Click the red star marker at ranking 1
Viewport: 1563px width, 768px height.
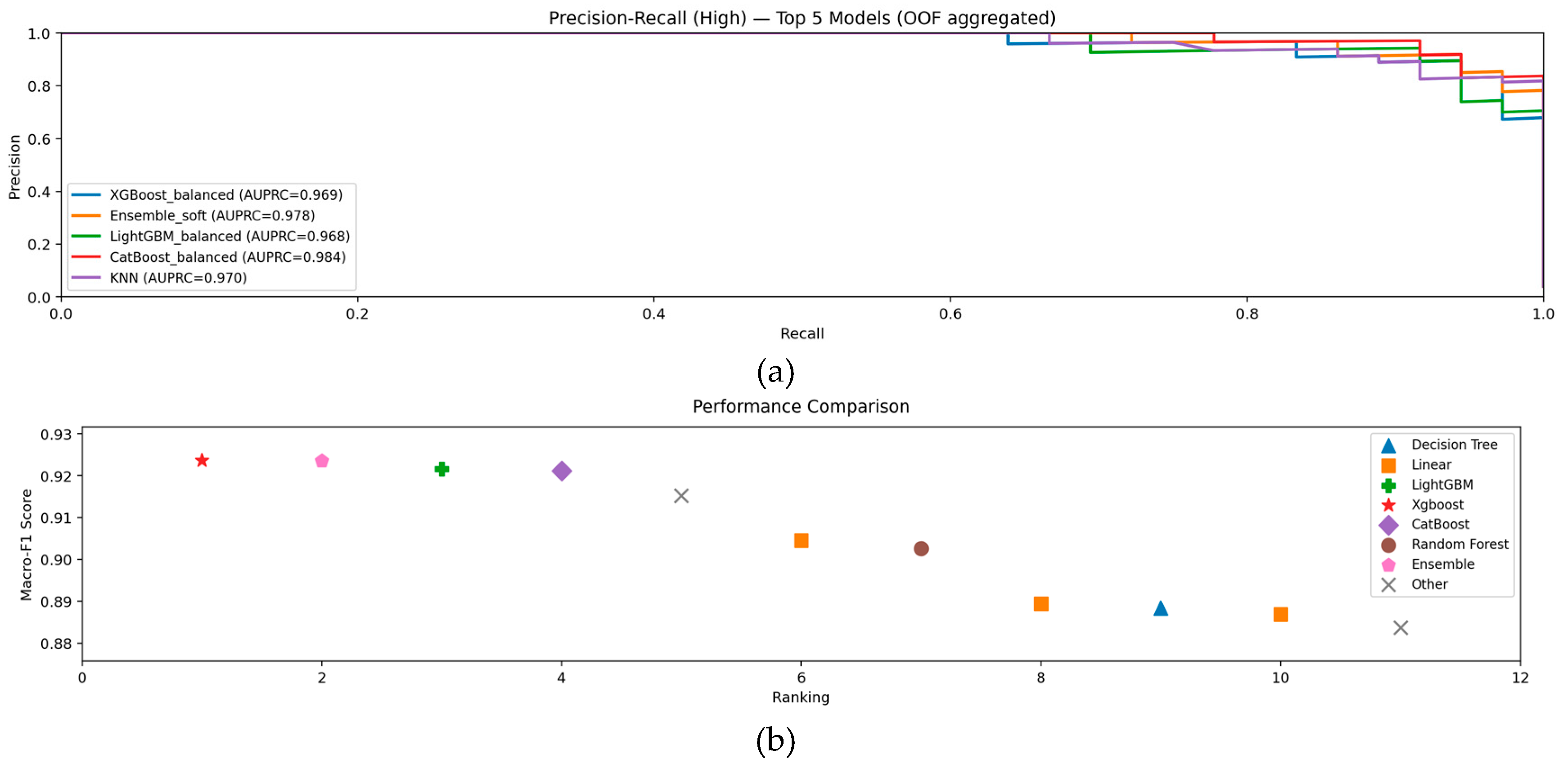point(202,460)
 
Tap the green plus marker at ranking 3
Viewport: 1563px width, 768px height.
point(442,469)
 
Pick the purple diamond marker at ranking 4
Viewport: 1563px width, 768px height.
point(562,471)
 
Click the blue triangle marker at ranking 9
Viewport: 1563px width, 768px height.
point(1161,608)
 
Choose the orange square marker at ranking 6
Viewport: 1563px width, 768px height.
point(801,540)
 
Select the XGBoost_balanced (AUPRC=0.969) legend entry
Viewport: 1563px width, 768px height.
point(226,195)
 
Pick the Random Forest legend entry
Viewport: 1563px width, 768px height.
point(1459,544)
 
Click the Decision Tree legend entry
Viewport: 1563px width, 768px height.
point(1454,445)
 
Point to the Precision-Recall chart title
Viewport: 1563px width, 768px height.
point(802,18)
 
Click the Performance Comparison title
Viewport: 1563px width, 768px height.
point(801,406)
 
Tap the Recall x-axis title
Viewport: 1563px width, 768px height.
point(802,334)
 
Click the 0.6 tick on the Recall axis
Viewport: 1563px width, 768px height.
point(950,314)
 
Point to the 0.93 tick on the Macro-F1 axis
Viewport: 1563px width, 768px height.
point(56,434)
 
